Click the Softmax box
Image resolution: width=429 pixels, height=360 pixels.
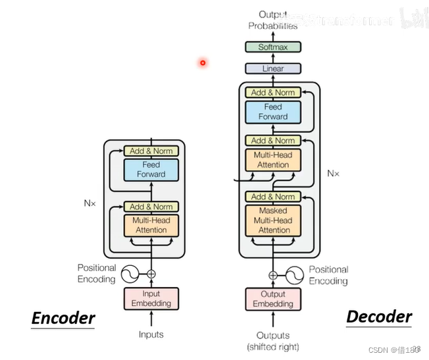tap(272, 47)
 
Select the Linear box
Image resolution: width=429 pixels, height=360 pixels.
tap(272, 68)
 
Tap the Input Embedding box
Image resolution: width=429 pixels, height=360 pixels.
tap(151, 299)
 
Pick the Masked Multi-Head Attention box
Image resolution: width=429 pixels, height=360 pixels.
tap(273, 220)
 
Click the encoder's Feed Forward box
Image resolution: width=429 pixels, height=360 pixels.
tap(151, 169)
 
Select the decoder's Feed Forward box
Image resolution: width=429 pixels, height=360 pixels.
tap(272, 112)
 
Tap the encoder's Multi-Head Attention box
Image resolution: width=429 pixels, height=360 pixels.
tap(151, 225)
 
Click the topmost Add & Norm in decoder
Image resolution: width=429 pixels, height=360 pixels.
tap(272, 93)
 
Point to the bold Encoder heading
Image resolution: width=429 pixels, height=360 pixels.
tap(63, 319)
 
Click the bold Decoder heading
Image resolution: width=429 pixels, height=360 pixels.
tap(379, 317)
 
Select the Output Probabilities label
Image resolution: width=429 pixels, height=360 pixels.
tap(272, 20)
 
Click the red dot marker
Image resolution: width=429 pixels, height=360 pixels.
tap(203, 63)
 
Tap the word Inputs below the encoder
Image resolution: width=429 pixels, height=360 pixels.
tap(151, 335)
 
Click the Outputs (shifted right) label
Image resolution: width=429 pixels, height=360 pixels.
tap(272, 341)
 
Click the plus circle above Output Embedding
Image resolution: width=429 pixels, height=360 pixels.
tap(272, 275)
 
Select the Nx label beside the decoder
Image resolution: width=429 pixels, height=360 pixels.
tap(334, 174)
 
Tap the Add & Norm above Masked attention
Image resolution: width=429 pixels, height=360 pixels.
tap(272, 197)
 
